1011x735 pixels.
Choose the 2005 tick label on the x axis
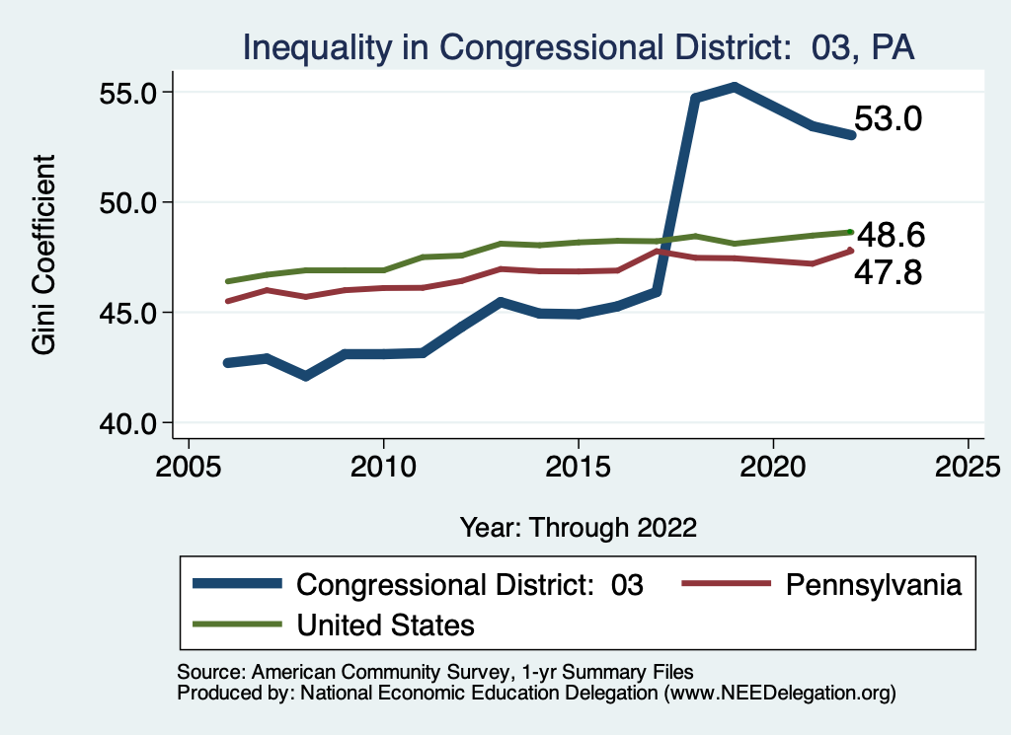pyautogui.click(x=189, y=463)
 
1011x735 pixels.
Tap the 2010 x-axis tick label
pyautogui.click(x=383, y=463)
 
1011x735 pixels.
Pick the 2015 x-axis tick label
pyautogui.click(x=578, y=463)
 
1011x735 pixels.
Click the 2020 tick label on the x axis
pyautogui.click(x=772, y=463)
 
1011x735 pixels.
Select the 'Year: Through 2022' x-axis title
pyautogui.click(x=578, y=527)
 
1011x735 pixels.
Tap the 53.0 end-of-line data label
pyautogui.click(x=888, y=119)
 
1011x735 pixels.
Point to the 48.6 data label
pyautogui.click(x=890, y=236)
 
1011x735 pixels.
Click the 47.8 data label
pyautogui.click(x=890, y=271)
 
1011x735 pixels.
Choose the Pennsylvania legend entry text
pyautogui.click(x=873, y=584)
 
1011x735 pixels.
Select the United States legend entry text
pyautogui.click(x=386, y=625)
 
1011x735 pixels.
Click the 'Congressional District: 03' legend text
pyautogui.click(x=470, y=584)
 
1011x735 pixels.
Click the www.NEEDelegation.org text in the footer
pyautogui.click(x=780, y=694)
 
